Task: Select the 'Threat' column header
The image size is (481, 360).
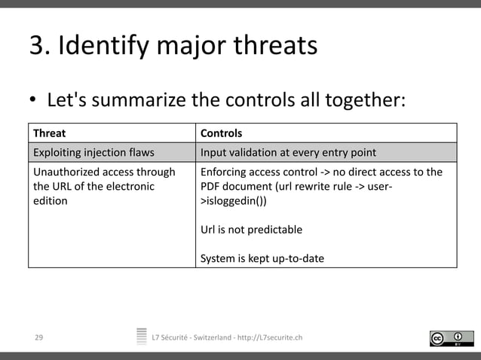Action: click(x=49, y=133)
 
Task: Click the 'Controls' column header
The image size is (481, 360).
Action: click(x=221, y=133)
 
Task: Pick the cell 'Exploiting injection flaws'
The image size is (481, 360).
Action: click(x=93, y=153)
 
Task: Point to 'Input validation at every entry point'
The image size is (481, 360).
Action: click(x=288, y=153)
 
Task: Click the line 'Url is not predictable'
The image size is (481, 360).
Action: click(x=251, y=230)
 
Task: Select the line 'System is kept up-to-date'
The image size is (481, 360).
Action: click(x=262, y=258)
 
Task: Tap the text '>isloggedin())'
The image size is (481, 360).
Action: click(x=233, y=202)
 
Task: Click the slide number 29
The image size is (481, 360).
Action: click(x=38, y=337)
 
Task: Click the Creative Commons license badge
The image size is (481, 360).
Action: click(x=451, y=338)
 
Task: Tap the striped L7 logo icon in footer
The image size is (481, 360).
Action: click(x=142, y=337)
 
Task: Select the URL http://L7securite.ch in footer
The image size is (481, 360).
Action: click(x=269, y=337)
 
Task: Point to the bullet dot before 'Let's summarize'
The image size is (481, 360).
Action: click(x=33, y=101)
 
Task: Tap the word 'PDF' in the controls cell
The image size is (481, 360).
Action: click(x=211, y=187)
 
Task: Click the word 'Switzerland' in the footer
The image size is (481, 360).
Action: click(x=211, y=337)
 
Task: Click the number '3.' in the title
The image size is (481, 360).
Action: click(x=41, y=47)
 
